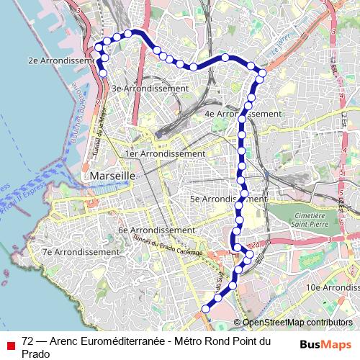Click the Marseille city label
click(x=110, y=176)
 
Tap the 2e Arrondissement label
click(x=61, y=61)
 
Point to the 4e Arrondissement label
click(x=243, y=114)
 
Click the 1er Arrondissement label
click(x=165, y=153)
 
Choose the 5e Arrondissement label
click(x=228, y=198)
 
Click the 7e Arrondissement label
click(x=80, y=252)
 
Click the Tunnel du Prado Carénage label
click(x=172, y=246)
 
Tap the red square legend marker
click(x=10, y=343)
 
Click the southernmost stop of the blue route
click(x=206, y=309)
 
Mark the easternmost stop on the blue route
click(x=262, y=73)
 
